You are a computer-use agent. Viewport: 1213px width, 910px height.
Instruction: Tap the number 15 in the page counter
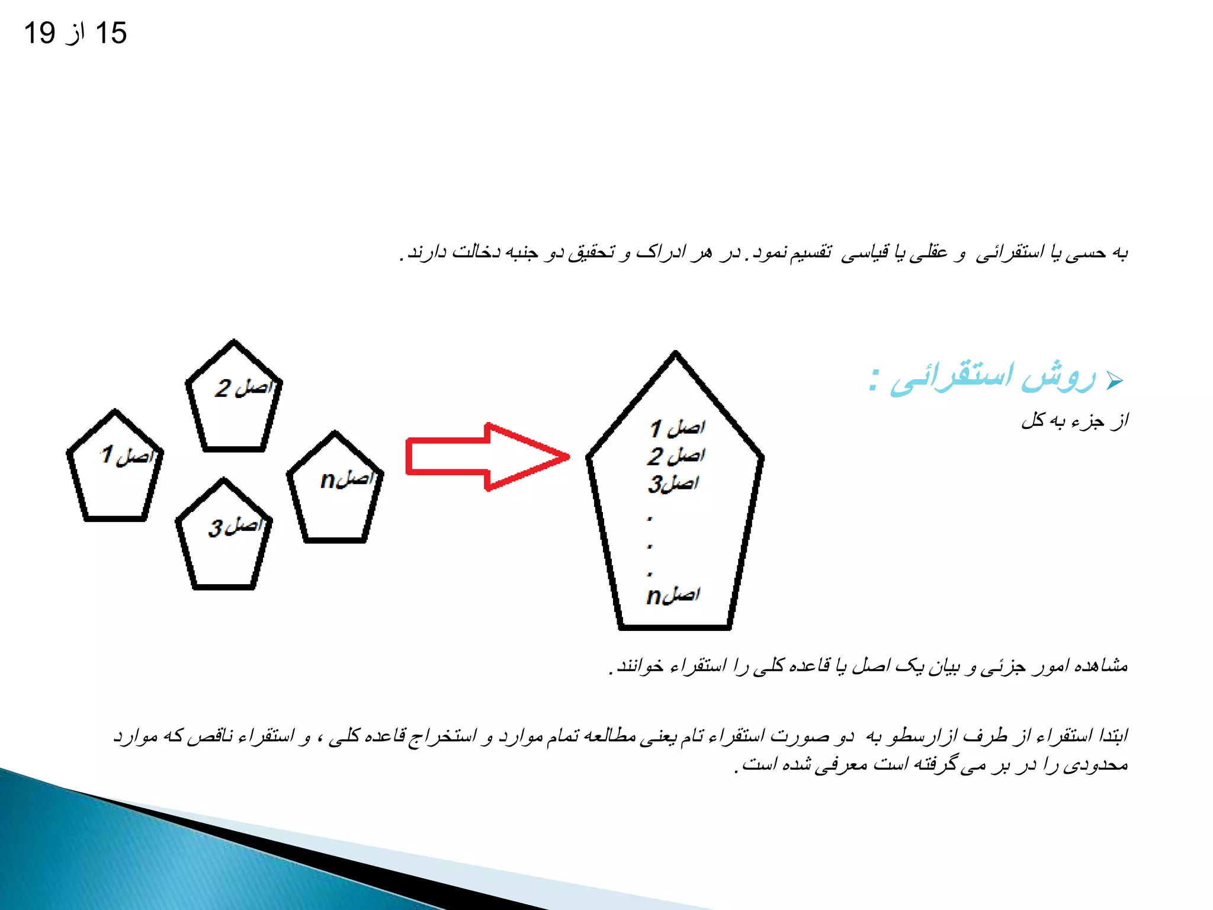point(111,33)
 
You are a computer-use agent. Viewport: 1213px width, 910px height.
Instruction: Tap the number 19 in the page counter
point(40,33)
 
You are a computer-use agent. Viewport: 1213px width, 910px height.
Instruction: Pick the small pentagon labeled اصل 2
point(234,400)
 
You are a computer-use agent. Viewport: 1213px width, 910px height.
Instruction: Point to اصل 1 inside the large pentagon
point(677,428)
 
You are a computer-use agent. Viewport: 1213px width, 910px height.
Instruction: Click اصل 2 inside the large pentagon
point(676,456)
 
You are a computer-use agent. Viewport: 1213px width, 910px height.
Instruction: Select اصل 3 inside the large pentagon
point(673,483)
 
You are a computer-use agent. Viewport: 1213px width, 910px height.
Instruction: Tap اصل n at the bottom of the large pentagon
point(673,595)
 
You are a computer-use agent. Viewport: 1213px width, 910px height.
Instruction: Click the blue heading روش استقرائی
point(992,377)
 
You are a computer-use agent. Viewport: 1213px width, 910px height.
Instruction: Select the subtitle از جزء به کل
point(1074,421)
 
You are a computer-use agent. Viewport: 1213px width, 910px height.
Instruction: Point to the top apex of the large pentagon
point(675,354)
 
